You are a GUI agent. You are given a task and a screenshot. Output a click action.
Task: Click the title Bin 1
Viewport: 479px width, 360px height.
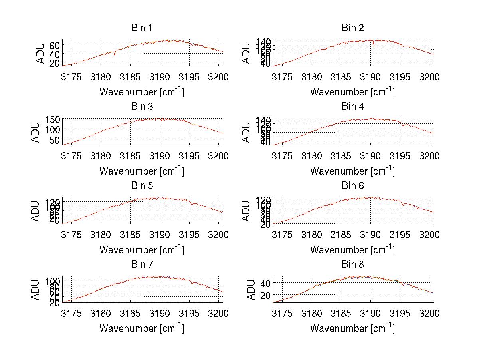point(142,28)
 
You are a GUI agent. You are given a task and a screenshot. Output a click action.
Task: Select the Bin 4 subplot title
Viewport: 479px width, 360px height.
point(352,107)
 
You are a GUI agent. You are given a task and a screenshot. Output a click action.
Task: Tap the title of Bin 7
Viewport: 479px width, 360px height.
point(142,265)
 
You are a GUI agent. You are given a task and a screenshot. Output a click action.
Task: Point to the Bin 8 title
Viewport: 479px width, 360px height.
point(352,265)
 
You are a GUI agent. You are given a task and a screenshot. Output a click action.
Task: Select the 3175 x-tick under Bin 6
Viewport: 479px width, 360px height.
point(282,235)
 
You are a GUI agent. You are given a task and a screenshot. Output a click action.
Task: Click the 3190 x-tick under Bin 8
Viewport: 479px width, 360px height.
point(371,313)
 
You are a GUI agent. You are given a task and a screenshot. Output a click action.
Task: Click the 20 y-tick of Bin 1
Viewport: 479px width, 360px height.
point(55,63)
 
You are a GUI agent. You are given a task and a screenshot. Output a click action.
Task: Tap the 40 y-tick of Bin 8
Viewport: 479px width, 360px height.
point(265,283)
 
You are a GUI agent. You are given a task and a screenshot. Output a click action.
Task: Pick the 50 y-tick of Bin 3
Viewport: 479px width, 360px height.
point(55,140)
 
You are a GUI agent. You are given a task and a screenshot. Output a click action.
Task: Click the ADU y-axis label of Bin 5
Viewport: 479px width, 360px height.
point(36,211)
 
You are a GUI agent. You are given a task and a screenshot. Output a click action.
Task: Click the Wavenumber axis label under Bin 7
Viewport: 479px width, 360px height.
point(142,328)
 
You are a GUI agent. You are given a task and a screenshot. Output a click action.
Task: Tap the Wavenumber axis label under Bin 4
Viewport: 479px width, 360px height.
point(352,171)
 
